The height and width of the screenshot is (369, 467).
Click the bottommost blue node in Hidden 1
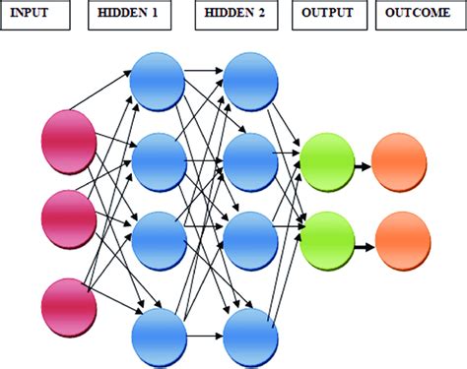[x=158, y=337]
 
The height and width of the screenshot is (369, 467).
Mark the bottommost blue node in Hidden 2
[x=251, y=337]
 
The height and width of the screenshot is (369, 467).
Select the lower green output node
[x=326, y=239]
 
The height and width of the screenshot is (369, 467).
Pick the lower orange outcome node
[x=401, y=239]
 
